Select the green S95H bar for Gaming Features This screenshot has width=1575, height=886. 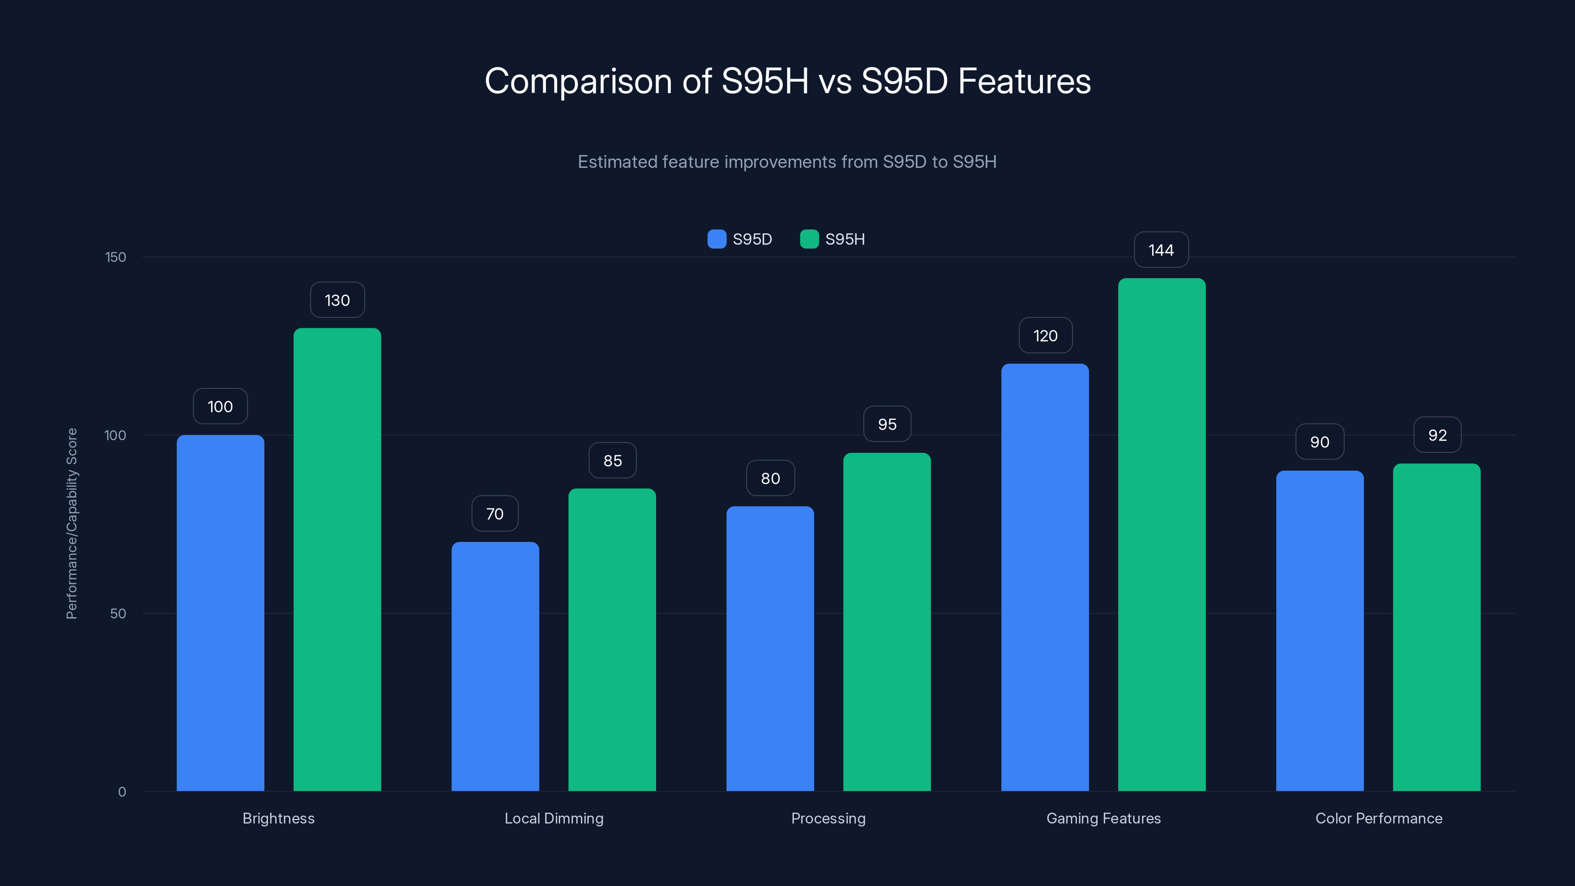coord(1162,535)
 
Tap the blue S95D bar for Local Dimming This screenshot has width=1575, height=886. coord(495,666)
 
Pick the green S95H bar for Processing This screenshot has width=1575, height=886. coord(886,622)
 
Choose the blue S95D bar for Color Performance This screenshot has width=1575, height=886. coord(1320,631)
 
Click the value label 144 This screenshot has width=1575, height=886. coord(1161,250)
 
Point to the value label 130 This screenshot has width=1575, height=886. coord(337,300)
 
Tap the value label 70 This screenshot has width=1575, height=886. coord(495,513)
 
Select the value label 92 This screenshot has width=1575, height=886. coord(1437,435)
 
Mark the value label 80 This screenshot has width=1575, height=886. coord(770,478)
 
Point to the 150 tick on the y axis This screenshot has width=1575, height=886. coord(116,257)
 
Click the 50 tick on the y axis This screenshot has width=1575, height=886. coord(118,613)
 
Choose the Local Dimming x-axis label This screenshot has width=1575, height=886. coord(554,818)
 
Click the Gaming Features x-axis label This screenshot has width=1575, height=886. coord(1103,818)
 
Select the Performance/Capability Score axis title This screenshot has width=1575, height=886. coord(71,523)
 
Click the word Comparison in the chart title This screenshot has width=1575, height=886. coord(578,81)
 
